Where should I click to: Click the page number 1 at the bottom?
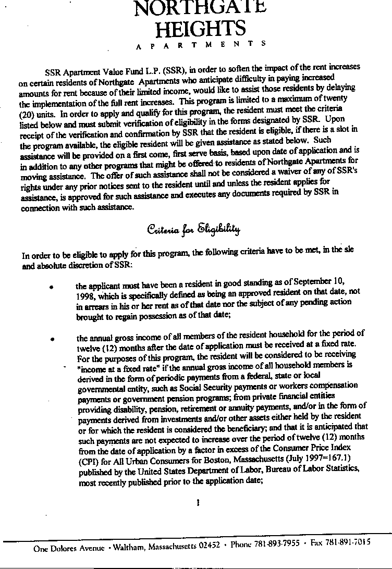tap(198, 503)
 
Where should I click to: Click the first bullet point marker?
tap(51, 287)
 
